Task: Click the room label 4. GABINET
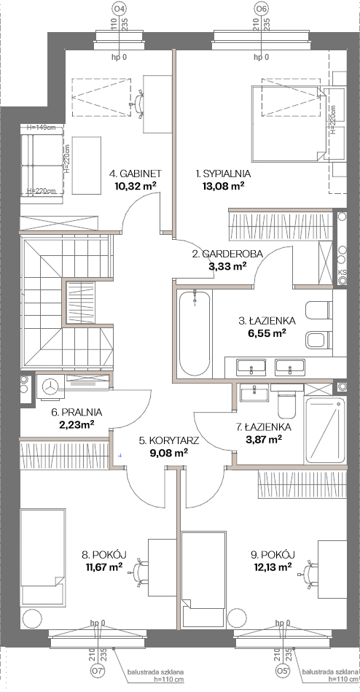click(135, 173)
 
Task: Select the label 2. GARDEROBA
click(227, 254)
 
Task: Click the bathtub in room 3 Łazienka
click(194, 332)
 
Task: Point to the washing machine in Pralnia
click(50, 386)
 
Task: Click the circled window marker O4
click(120, 8)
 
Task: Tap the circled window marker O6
click(261, 8)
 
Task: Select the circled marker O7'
click(98, 684)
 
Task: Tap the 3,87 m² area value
click(264, 439)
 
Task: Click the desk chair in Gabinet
click(138, 104)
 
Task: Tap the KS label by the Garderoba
click(342, 272)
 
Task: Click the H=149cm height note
click(41, 128)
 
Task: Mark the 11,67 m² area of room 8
click(104, 567)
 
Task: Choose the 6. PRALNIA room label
click(77, 413)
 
